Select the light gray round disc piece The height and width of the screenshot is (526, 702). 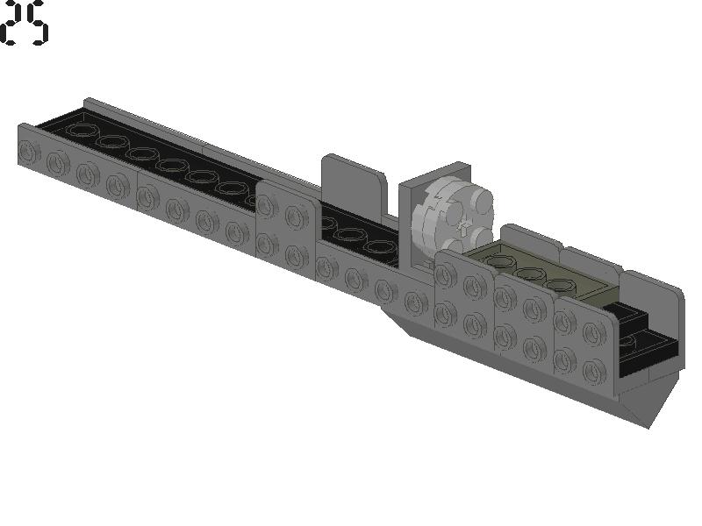coord(452,217)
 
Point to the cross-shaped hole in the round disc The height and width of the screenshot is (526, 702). coord(464,227)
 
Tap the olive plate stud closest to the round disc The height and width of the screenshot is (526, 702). coord(500,261)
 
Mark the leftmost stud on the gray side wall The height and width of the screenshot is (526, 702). coord(28,151)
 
